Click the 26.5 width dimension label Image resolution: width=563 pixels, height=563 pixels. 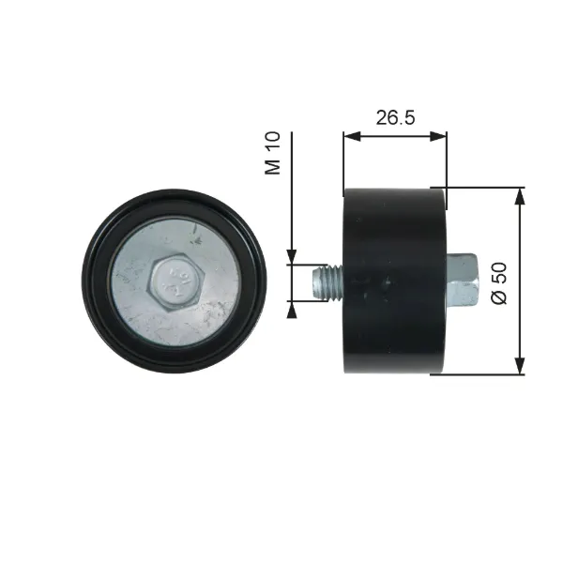[395, 118]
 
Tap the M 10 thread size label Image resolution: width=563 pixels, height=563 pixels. [272, 153]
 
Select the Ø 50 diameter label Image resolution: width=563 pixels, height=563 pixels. [499, 283]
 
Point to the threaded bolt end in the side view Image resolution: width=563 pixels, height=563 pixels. [327, 282]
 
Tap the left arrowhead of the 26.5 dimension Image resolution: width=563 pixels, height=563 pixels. [352, 136]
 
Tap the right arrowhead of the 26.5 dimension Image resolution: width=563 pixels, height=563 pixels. [438, 136]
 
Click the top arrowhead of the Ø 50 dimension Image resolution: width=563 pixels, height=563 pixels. [520, 196]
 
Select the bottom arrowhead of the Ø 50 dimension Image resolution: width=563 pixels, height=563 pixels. [520, 366]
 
